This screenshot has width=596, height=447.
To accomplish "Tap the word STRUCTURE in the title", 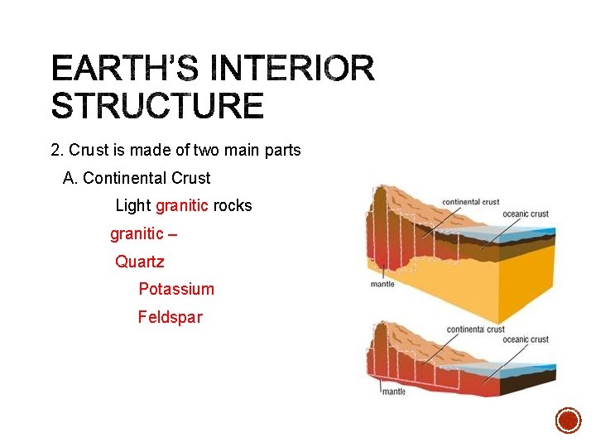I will coord(157,107).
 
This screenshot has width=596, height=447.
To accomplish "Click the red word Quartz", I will coord(140,262).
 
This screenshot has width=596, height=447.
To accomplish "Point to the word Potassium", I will coord(176,289).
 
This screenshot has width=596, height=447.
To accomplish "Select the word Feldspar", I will coord(170,317).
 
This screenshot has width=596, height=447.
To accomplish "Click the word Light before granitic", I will coord(133,205).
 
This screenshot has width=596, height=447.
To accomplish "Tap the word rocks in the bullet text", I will coord(233,205).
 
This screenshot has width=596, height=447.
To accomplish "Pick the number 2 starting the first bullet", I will coord(55,151).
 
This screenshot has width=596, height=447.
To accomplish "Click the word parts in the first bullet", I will coord(281,151).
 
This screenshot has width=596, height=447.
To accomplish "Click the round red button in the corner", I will coord(568,421).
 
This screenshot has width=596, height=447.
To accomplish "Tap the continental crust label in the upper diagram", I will coord(470,201).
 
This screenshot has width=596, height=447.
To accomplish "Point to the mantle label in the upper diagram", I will coord(382,284).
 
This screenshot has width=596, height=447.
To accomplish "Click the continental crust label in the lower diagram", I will coord(475,329).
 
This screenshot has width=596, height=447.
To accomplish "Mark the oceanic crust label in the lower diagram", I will coord(526,339).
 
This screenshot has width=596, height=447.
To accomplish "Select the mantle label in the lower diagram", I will coord(394,391).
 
